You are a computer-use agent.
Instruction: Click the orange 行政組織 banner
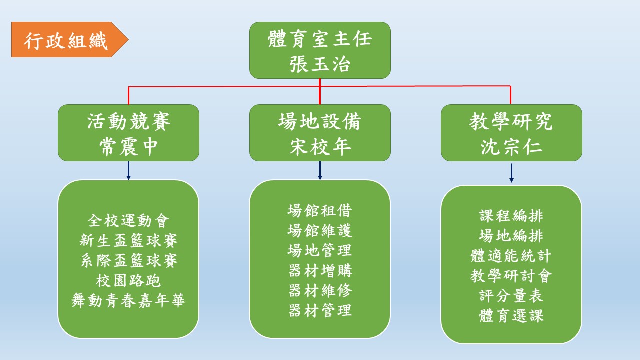(70, 39)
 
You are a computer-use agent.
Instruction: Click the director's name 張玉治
(320, 64)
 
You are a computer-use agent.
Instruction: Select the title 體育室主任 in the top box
(320, 39)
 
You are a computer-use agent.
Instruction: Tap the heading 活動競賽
(129, 121)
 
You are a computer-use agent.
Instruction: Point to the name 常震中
(129, 147)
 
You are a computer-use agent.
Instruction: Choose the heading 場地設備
(320, 121)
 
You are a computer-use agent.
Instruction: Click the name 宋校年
(320, 147)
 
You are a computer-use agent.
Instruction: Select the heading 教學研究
(511, 121)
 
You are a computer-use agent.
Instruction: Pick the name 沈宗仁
(511, 147)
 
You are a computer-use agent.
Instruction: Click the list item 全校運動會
(128, 221)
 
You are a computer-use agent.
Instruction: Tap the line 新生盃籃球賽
(128, 241)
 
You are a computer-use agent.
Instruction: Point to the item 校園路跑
(128, 281)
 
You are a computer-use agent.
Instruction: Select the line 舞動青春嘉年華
(128, 301)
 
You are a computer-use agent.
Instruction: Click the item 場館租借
(320, 211)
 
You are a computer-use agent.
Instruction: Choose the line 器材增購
(320, 271)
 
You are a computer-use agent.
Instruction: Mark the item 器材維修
(320, 291)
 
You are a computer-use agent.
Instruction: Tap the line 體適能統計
(511, 256)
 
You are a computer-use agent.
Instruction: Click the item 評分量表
(511, 296)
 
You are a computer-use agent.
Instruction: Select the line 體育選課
(511, 316)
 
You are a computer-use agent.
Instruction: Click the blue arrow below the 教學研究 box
(511, 173)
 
